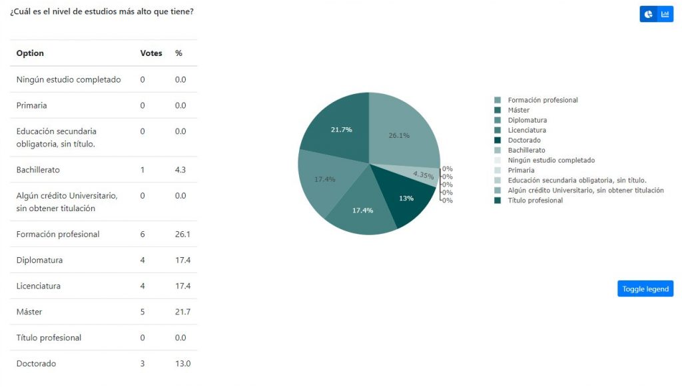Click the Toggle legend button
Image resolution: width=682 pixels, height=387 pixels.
645,288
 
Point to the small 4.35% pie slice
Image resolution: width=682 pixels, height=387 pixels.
424,175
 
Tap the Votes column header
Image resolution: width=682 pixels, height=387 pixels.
151,53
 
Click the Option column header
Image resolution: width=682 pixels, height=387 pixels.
30,53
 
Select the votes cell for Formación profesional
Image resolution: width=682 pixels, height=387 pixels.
143,234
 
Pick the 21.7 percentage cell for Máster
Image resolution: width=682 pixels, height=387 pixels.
182,312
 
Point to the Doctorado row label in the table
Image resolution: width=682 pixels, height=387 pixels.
36,364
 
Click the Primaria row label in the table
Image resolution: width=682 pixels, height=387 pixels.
32,105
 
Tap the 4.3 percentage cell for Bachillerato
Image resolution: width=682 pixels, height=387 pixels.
180,170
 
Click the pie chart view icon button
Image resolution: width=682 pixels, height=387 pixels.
648,15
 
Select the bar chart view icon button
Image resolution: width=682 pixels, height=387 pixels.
665,15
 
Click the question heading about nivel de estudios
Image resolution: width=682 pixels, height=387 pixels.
102,12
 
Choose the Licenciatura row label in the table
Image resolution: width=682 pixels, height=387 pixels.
38,286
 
